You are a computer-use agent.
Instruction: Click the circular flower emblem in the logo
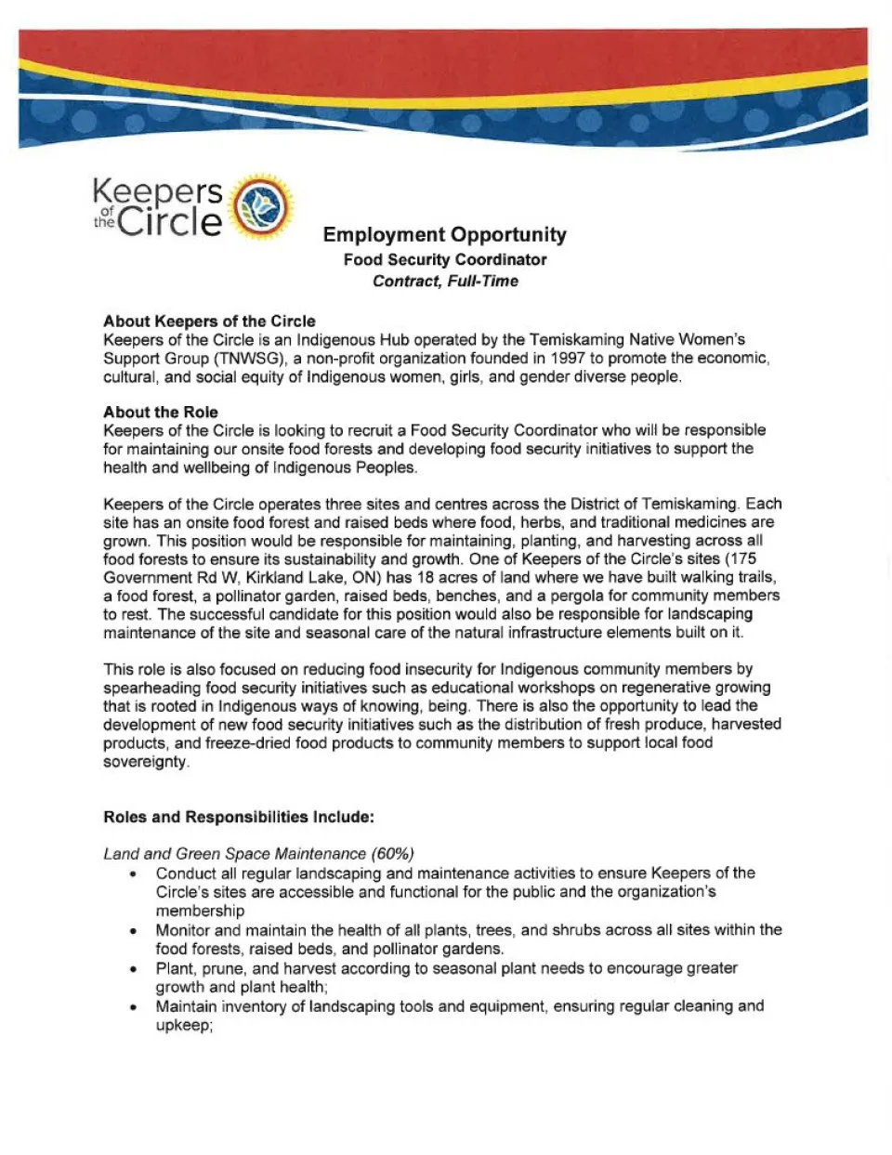[261, 206]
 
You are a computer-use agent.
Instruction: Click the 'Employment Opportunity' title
[444, 235]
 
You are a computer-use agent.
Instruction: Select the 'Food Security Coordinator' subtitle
[444, 260]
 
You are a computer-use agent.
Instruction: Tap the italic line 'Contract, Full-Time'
[445, 282]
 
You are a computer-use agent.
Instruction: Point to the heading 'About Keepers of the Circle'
[209, 322]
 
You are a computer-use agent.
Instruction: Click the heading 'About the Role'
[161, 413]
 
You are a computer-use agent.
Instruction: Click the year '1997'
[569, 359]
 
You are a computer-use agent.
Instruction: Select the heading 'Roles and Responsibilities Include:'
[239, 818]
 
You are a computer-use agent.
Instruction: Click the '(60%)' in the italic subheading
[392, 854]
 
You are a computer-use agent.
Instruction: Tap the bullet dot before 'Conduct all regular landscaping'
[135, 874]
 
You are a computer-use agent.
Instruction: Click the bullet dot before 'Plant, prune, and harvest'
[135, 969]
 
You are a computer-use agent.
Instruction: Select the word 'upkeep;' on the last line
[184, 1026]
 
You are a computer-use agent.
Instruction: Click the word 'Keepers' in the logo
[157, 192]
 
